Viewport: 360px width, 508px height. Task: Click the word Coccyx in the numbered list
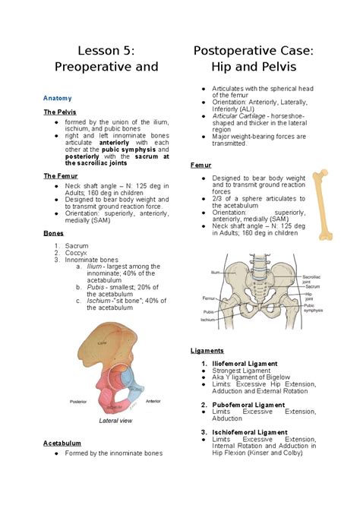(77, 253)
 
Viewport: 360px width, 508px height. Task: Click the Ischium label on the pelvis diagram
(208, 320)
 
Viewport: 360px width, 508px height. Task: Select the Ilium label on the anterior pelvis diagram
(216, 271)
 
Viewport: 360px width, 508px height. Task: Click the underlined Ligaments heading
(207, 351)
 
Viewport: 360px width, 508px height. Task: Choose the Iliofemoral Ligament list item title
(245, 364)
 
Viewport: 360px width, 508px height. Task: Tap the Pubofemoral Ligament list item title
(247, 405)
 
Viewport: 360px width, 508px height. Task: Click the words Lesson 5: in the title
(106, 51)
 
